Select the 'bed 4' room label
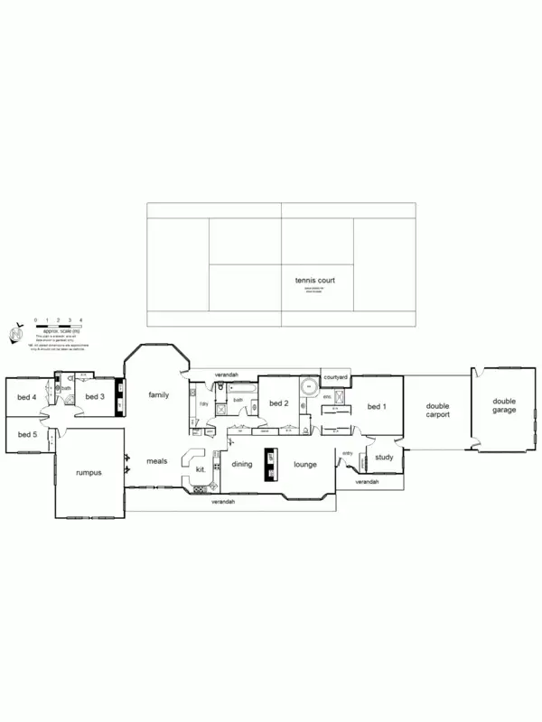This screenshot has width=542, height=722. coord(27,396)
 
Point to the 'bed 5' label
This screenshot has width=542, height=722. coord(27,435)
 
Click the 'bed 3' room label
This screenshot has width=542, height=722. coord(96,396)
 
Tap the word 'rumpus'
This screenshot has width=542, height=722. coord(89,472)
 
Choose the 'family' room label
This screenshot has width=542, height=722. coord(159,394)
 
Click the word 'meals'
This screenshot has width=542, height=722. coord(158,461)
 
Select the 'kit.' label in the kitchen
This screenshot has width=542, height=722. coord(201,470)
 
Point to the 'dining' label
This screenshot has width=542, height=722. coord(242,464)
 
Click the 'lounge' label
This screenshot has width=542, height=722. coord(304,464)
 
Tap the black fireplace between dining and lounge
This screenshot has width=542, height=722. coord(269,461)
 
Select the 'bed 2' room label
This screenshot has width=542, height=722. coord(278,403)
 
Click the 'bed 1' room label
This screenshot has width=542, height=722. coord(377,407)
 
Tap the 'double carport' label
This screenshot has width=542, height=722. coord(437,411)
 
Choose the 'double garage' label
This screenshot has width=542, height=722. coord(504,405)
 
